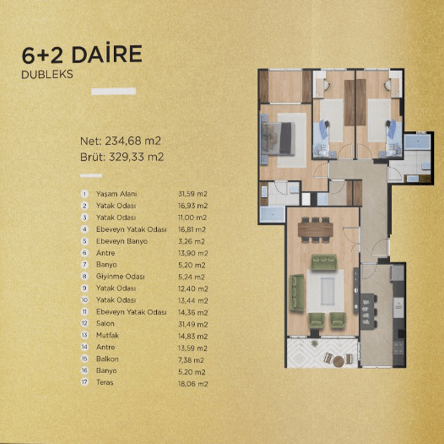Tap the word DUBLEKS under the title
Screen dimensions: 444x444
[47, 74]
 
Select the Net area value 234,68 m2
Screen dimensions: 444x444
[133, 141]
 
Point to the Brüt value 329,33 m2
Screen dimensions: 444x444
[136, 157]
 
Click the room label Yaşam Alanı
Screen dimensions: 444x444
[116, 194]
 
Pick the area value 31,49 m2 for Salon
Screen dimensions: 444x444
[193, 324]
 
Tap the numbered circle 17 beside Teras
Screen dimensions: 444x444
[84, 382]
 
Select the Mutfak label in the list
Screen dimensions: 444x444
[107, 335]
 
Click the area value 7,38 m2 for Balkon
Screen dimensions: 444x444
[191, 360]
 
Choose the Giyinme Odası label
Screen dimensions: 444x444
[120, 276]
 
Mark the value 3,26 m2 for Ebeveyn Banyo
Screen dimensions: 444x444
[192, 242]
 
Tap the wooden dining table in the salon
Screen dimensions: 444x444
[315, 230]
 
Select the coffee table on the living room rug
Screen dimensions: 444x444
[328, 291]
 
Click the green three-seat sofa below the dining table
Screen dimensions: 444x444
[324, 262]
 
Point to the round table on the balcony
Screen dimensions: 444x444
[338, 361]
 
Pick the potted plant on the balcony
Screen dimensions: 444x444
[314, 343]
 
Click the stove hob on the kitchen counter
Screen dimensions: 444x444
[399, 347]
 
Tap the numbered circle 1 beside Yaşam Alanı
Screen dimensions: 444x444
[84, 194]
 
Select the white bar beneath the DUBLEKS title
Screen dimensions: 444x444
[113, 91]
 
